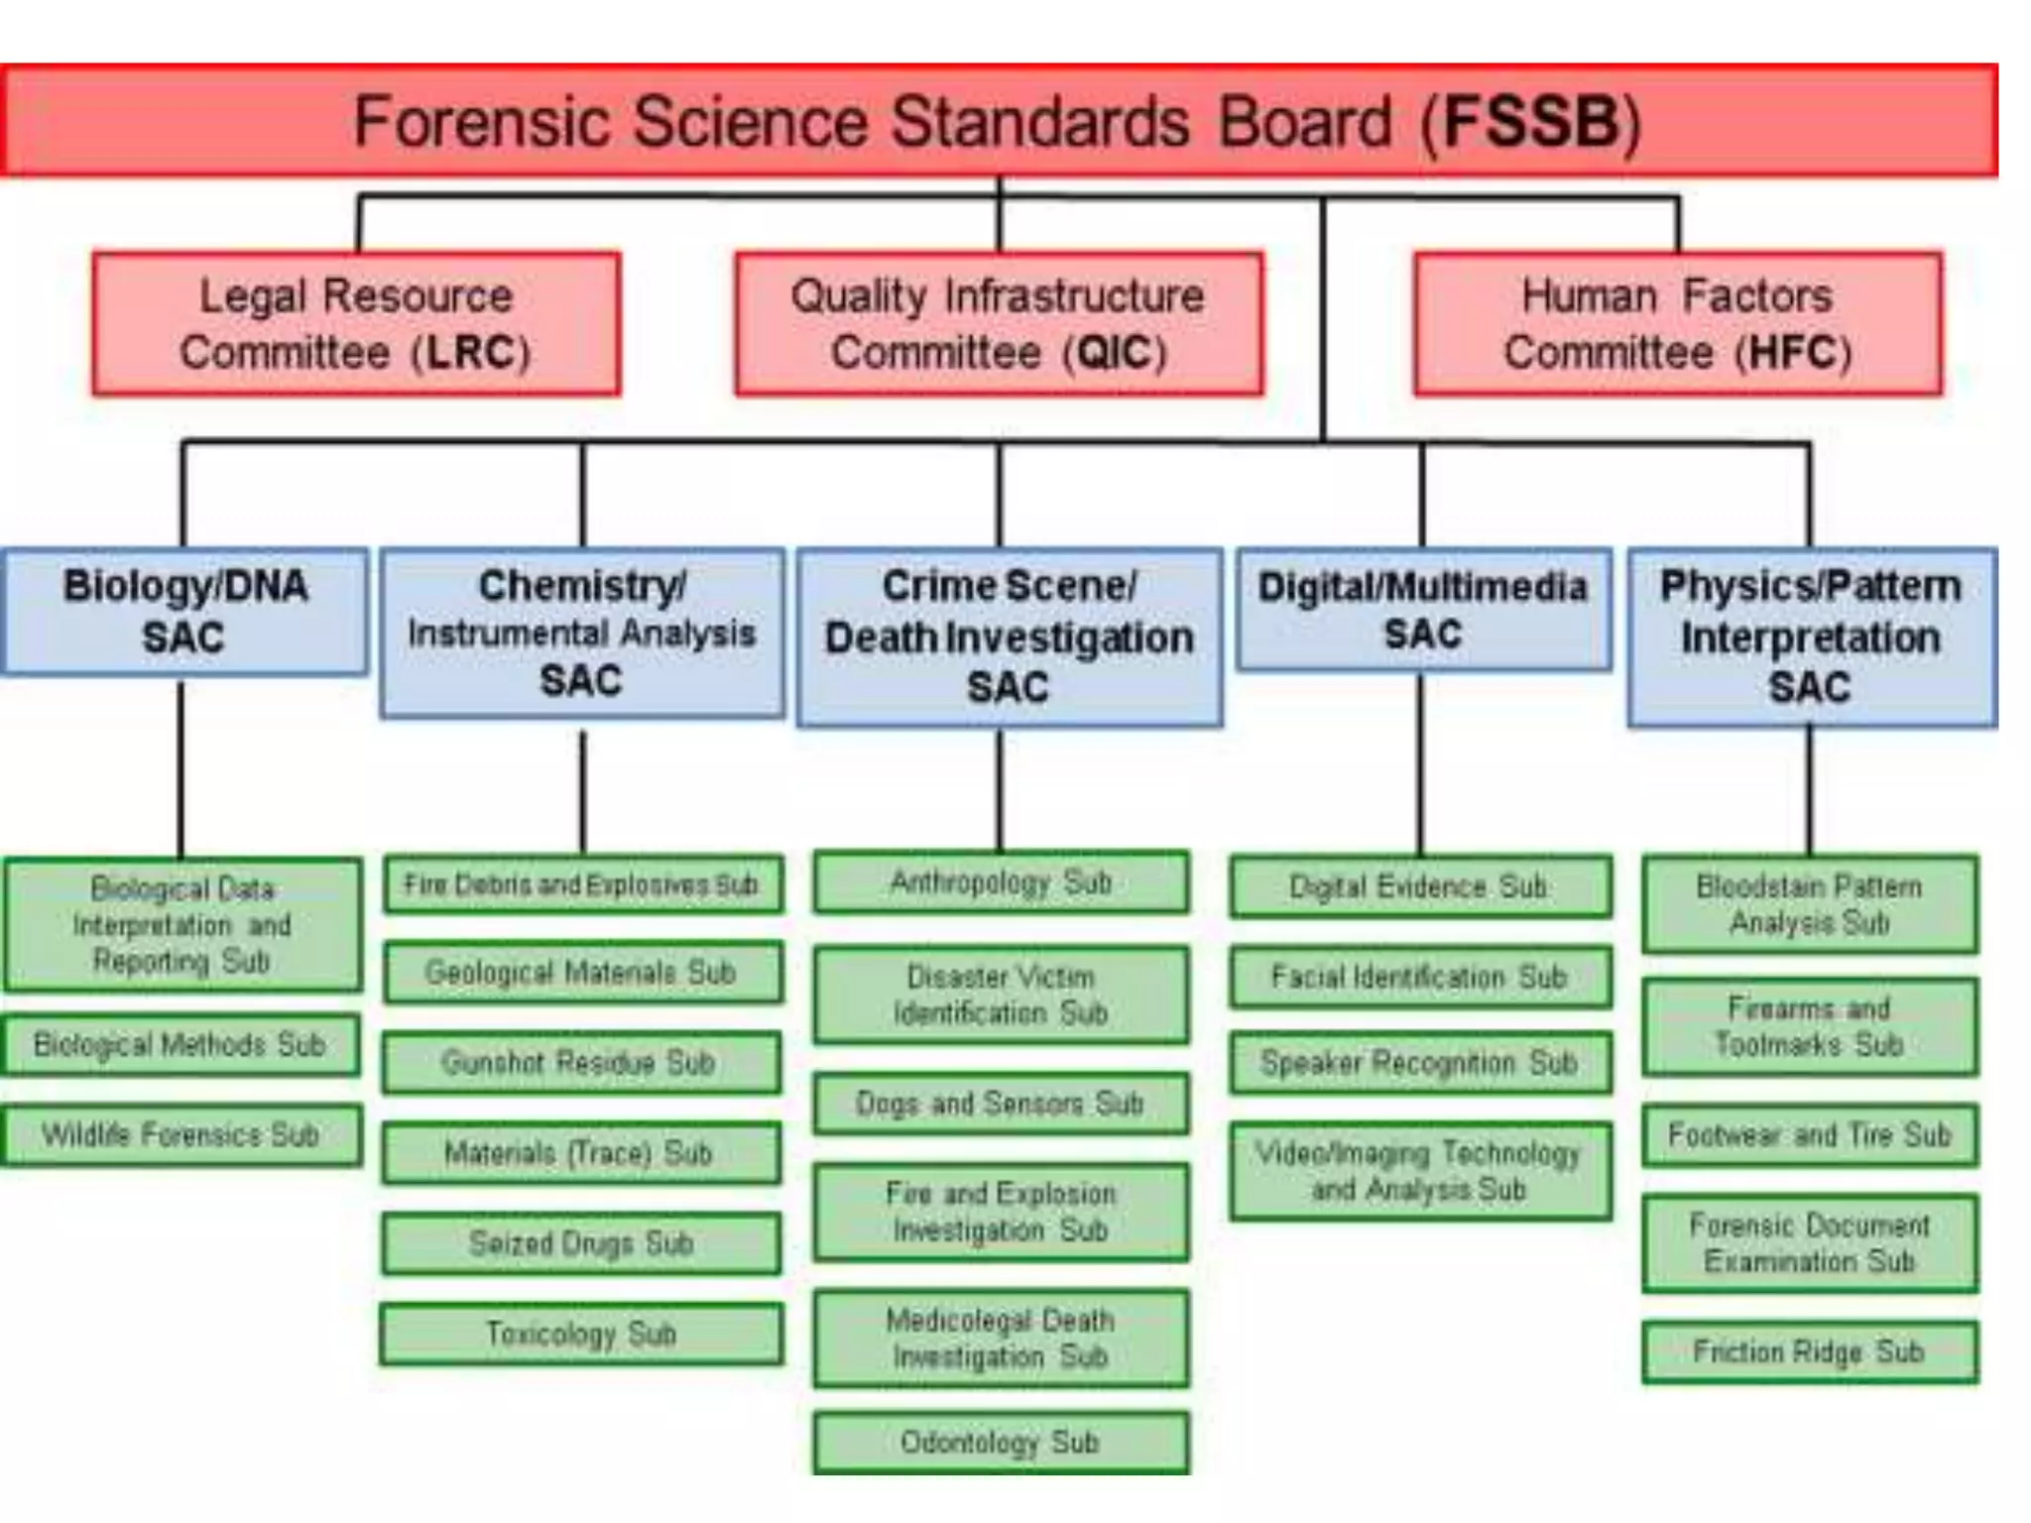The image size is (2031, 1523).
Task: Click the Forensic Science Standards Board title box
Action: (x=999, y=121)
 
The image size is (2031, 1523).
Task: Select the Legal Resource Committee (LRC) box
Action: (x=356, y=324)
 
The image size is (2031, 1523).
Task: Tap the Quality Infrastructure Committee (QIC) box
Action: (x=999, y=324)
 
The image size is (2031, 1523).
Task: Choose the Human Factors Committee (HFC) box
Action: (x=1678, y=324)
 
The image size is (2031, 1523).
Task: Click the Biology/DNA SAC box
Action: (x=184, y=612)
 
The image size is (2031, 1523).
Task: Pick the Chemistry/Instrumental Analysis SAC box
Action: (x=582, y=634)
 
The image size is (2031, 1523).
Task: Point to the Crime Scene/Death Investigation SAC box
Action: (x=1010, y=638)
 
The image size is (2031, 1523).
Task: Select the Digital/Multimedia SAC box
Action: (x=1423, y=610)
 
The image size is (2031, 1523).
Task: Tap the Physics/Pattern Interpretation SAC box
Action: (x=1812, y=638)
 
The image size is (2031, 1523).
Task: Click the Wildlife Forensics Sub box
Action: (x=181, y=1134)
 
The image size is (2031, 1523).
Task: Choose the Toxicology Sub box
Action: (x=582, y=1335)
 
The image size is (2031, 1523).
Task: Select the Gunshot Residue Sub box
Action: (x=582, y=1063)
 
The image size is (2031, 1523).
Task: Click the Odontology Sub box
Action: (x=1001, y=1443)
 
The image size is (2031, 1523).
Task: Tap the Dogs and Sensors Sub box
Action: (x=1001, y=1104)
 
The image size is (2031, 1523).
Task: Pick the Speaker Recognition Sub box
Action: (x=1420, y=1063)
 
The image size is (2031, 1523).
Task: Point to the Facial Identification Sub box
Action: (x=1420, y=978)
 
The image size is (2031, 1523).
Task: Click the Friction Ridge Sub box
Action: (x=1810, y=1351)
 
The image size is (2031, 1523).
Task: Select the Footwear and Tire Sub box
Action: (x=1810, y=1134)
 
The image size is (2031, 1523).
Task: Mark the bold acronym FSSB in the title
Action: (x=1531, y=122)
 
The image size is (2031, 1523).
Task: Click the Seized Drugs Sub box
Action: (x=582, y=1243)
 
